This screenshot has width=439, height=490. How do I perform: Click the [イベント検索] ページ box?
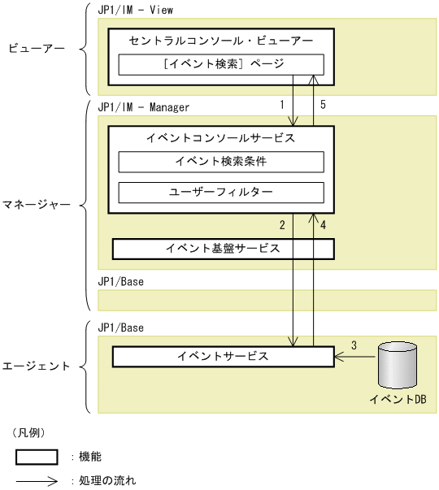[221, 64]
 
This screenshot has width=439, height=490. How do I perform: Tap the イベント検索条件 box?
[221, 162]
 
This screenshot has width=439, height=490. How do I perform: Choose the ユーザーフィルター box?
[221, 193]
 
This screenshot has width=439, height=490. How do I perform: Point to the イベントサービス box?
[223, 357]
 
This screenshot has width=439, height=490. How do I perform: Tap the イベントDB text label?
[398, 400]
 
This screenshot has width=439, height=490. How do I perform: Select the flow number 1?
[282, 105]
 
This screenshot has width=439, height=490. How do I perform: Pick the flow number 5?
[323, 105]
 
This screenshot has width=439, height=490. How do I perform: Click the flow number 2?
[282, 224]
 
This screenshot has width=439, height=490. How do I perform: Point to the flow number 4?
[323, 224]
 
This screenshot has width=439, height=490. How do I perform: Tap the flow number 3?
[354, 345]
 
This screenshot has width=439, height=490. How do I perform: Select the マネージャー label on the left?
[37, 205]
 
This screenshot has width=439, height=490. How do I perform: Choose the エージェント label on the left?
[37, 366]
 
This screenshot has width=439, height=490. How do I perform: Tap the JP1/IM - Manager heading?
[143, 106]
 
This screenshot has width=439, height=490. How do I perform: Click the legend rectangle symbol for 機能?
[37, 457]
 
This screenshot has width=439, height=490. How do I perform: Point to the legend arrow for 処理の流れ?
[37, 480]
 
